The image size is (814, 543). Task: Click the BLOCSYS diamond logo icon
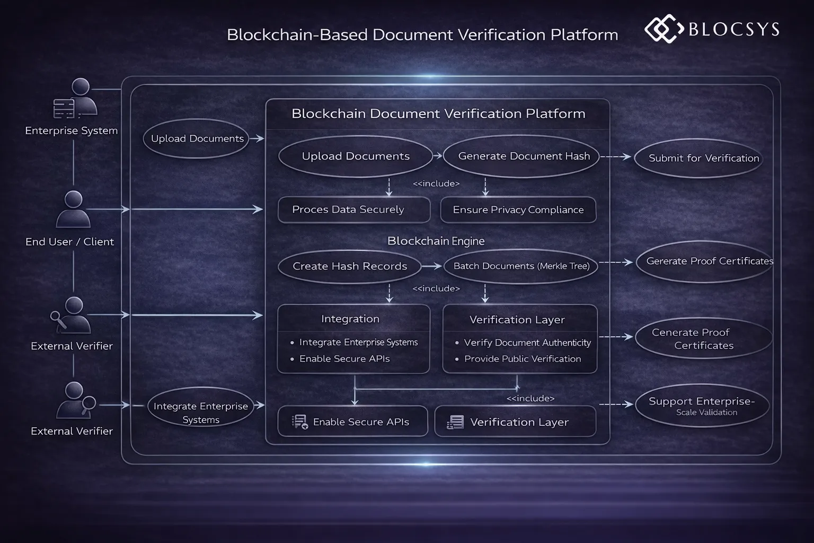tap(663, 29)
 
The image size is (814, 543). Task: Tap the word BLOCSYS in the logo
tap(734, 29)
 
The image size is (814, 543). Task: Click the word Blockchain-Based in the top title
tap(297, 35)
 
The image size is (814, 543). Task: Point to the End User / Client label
tap(69, 242)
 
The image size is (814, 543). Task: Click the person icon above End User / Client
tap(73, 209)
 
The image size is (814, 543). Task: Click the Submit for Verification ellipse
tap(703, 158)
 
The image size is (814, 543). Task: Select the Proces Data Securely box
tap(353, 210)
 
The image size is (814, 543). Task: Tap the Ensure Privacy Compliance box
tap(518, 210)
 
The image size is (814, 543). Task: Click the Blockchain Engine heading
tap(436, 241)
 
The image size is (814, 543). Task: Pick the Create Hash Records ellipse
tap(350, 266)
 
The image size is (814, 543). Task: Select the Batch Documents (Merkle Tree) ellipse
tap(521, 266)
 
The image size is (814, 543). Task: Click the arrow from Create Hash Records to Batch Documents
tap(431, 266)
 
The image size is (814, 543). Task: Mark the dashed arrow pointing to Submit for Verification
tap(616, 157)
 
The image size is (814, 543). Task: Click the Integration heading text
tap(350, 319)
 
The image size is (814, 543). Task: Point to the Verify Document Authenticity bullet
tap(527, 343)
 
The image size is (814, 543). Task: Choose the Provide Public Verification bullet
tap(522, 359)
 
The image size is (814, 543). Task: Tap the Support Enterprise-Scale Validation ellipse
tap(702, 406)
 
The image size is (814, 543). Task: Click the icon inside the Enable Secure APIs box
tap(299, 422)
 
